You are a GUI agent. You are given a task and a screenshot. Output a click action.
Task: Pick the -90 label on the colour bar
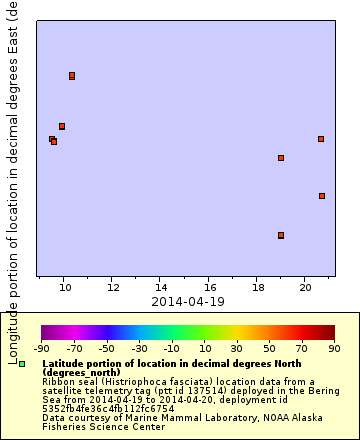click(x=41, y=348)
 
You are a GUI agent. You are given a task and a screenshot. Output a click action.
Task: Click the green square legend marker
click(x=21, y=364)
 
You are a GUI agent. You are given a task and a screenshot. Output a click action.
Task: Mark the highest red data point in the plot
click(x=72, y=76)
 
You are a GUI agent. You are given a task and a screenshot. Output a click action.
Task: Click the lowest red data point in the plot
click(x=281, y=235)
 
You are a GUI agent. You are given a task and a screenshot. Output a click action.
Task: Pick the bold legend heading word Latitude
click(x=65, y=363)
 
